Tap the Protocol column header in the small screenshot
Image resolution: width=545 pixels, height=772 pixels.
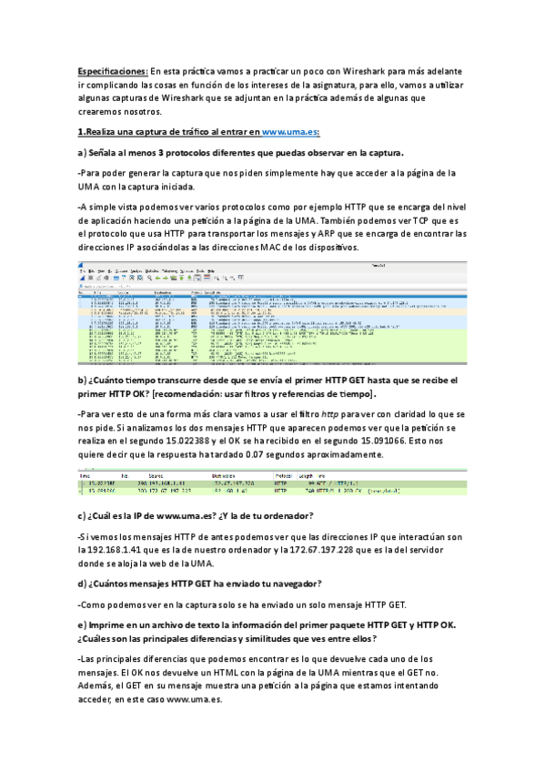pos(283,474)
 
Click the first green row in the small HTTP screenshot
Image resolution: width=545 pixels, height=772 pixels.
pos(273,482)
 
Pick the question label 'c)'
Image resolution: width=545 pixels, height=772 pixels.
pos(83,516)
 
